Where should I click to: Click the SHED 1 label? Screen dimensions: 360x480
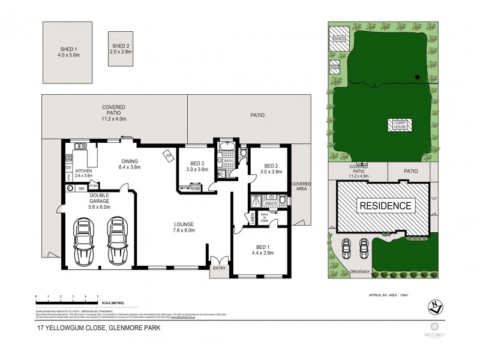point(67,49)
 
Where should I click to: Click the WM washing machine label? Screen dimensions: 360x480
point(81,188)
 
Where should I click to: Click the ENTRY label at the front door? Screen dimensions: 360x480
point(218,268)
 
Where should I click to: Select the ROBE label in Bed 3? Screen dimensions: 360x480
point(196,188)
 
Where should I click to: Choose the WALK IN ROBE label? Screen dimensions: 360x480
point(265,217)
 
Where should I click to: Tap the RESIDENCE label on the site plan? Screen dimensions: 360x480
point(386,205)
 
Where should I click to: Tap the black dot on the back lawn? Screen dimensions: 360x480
point(417,77)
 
